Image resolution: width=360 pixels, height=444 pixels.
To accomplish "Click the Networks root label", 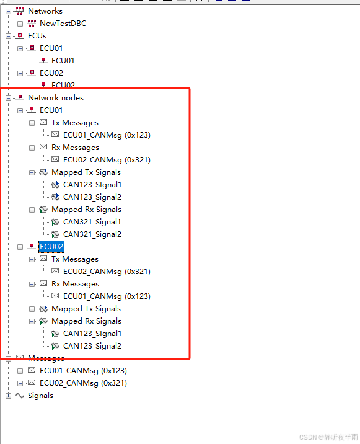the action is click(45, 11).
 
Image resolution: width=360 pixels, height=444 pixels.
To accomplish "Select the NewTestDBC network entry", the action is click(63, 24).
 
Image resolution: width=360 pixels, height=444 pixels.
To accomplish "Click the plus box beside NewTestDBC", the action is click(20, 24).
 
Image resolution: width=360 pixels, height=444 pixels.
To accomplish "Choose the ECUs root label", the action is click(37, 36).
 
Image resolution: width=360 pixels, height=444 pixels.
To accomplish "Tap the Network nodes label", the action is click(56, 98).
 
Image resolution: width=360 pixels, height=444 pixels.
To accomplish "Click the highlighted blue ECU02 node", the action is click(51, 247).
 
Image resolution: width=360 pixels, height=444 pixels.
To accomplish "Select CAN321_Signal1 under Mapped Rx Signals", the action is click(92, 222).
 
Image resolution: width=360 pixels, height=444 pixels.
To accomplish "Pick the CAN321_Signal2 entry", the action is click(92, 234).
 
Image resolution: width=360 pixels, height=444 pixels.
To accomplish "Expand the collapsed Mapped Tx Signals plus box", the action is click(32, 309).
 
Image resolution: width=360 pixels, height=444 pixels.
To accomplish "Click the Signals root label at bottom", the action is click(40, 396).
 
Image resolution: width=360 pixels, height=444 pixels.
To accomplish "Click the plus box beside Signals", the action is click(8, 396).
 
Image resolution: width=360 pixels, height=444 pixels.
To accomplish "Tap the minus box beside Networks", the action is click(8, 11).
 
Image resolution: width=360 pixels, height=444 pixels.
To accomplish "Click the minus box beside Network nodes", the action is click(8, 98).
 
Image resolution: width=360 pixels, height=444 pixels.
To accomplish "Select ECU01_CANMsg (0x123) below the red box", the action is click(83, 371).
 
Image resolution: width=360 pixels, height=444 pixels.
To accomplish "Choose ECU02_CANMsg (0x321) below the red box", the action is click(83, 383).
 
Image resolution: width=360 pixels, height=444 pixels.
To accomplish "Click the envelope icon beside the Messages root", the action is click(20, 358).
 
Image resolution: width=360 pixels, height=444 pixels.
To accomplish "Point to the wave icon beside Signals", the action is click(20, 396).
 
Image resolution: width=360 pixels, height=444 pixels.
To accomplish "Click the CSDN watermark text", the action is click(328, 437).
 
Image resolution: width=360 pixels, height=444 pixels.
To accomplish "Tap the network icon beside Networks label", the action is click(20, 11).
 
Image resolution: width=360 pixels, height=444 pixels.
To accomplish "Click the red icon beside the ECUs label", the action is click(20, 36).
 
